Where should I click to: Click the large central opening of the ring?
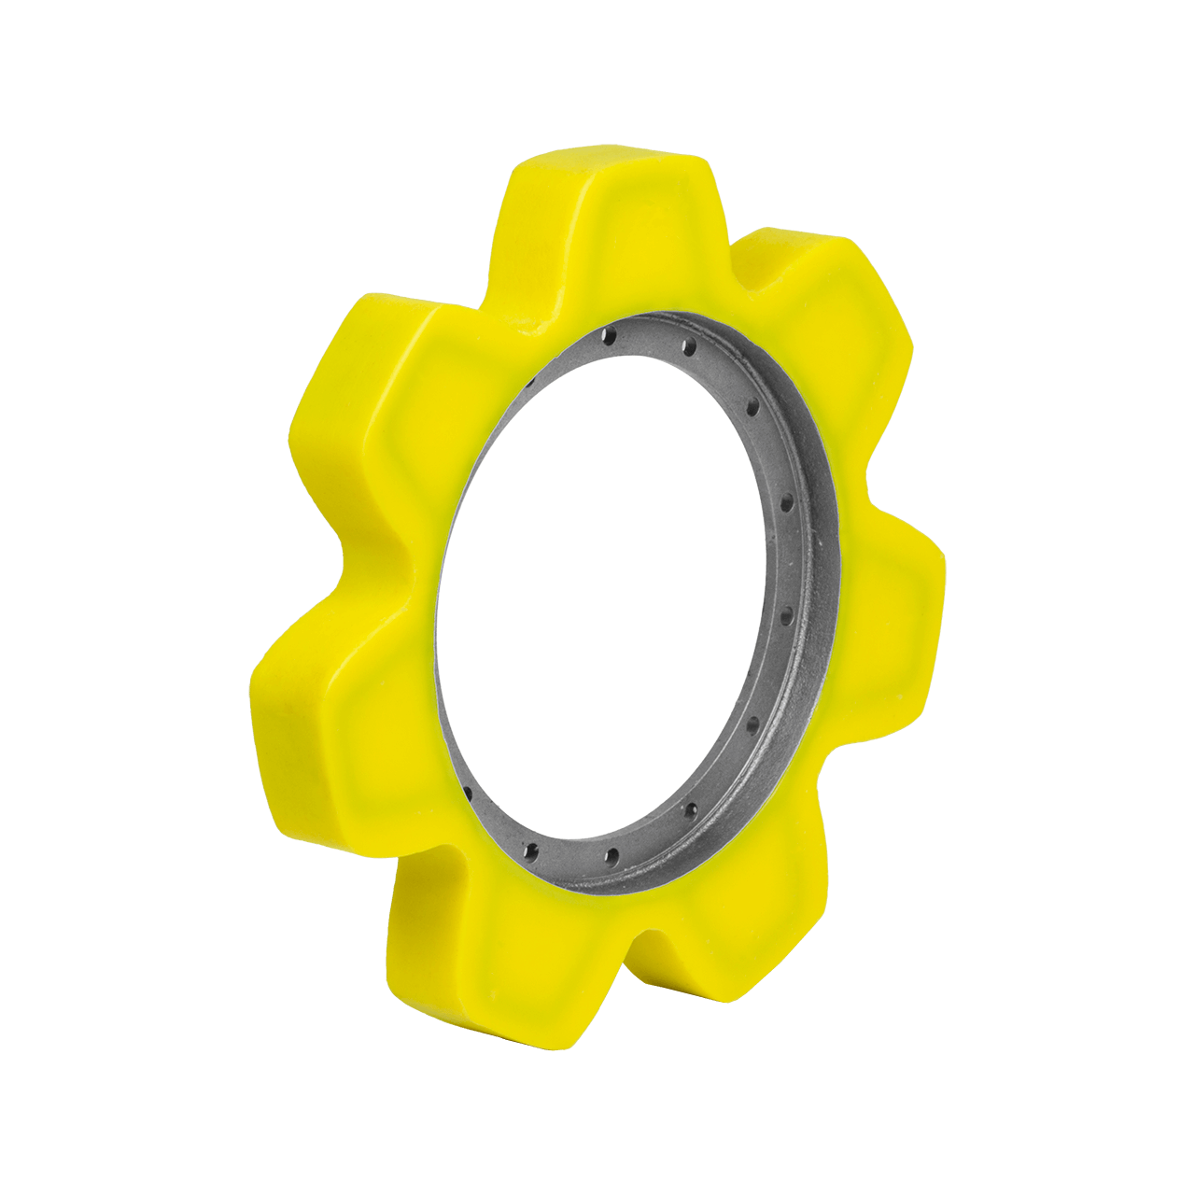pyautogui.click(x=607, y=597)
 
